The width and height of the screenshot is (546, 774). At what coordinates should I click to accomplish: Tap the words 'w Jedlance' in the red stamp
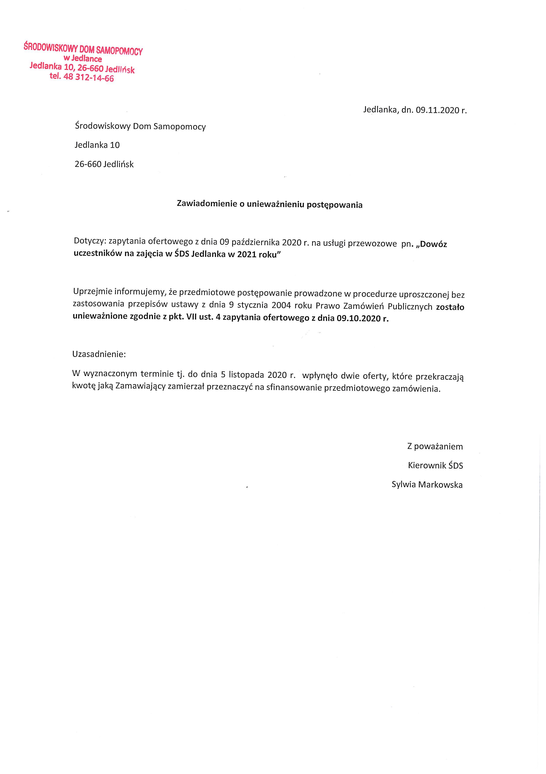pos(83,59)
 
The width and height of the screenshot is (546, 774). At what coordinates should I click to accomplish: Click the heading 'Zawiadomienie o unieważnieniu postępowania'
pos(270,205)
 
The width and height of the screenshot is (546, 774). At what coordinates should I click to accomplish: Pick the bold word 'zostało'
pos(450,307)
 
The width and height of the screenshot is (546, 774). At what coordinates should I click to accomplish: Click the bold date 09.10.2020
pos(358,318)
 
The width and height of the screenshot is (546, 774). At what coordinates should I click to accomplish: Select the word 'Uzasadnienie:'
pos(99,354)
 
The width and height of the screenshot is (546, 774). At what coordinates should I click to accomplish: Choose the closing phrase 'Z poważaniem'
pos(435,447)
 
